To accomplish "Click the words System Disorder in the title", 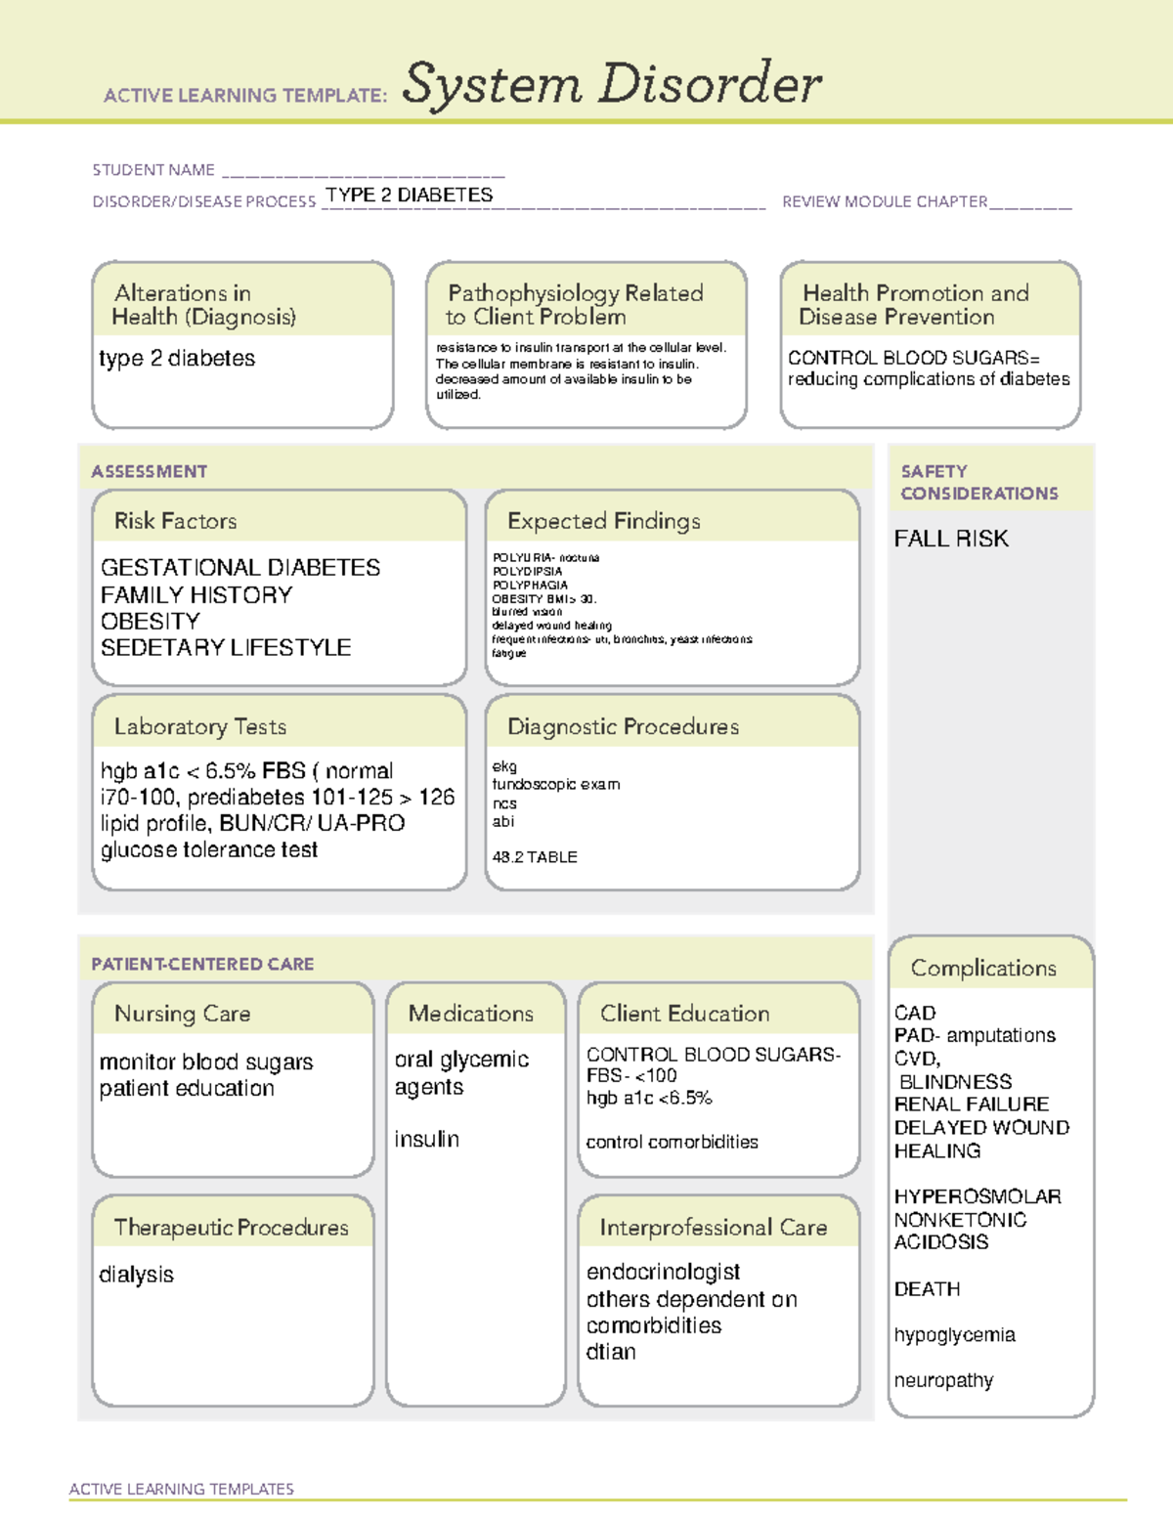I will pyautogui.click(x=612, y=84).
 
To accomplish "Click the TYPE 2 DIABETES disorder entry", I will pyautogui.click(x=409, y=195).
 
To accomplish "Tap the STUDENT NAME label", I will pyautogui.click(x=153, y=170).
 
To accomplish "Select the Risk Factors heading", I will pyautogui.click(x=175, y=521).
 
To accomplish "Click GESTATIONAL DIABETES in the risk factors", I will pyautogui.click(x=240, y=568).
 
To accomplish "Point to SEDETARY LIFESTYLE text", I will pyautogui.click(x=226, y=647).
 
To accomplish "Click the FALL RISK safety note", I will pyautogui.click(x=950, y=539).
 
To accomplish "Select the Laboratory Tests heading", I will pyautogui.click(x=199, y=726).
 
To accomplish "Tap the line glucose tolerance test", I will pyautogui.click(x=208, y=850).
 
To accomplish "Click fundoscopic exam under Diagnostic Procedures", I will pyautogui.click(x=555, y=784).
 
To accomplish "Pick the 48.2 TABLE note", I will pyautogui.click(x=535, y=857).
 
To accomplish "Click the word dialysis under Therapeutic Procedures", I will pyautogui.click(x=136, y=1275).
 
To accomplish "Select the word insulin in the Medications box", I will pyautogui.click(x=426, y=1140).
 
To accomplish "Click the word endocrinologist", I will pyautogui.click(x=663, y=1272).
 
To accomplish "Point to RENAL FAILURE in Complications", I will pyautogui.click(x=971, y=1105).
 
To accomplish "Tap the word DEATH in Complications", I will pyautogui.click(x=927, y=1289).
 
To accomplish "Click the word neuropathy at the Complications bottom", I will pyautogui.click(x=943, y=1380).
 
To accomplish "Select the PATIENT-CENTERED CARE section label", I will pyautogui.click(x=202, y=964).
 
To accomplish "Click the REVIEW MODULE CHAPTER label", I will pyautogui.click(x=885, y=201).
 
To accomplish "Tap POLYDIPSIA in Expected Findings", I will pyautogui.click(x=527, y=572).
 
